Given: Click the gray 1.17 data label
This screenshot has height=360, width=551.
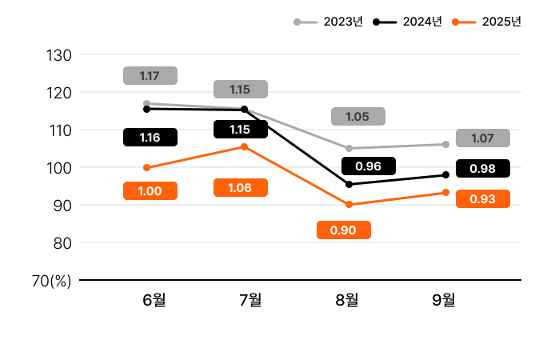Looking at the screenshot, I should [x=150, y=76].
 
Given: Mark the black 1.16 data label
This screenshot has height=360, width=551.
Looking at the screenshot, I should [x=150, y=137].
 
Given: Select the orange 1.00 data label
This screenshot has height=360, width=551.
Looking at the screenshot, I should [x=150, y=190].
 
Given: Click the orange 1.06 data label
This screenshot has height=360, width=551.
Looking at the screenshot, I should [x=240, y=188].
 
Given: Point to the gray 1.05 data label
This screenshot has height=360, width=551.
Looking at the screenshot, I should [x=357, y=117].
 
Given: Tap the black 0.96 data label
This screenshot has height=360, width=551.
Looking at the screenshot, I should [x=368, y=166].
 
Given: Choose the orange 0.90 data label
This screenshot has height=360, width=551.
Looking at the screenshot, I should [x=343, y=230].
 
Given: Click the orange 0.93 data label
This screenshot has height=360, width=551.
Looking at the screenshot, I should [x=482, y=199].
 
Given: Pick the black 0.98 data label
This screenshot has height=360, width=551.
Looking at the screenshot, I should [x=482, y=169].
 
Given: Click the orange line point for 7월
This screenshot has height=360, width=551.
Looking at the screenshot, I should [x=244, y=147].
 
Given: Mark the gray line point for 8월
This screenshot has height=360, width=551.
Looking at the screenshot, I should [x=349, y=149].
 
